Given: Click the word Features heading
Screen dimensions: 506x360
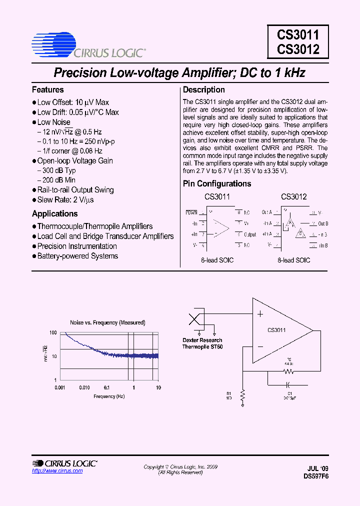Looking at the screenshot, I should click(x=48, y=90).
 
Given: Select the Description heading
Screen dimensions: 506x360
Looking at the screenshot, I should click(x=203, y=90).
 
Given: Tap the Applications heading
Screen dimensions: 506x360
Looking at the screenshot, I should click(x=55, y=214).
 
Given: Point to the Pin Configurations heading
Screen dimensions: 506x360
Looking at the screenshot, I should click(x=217, y=183).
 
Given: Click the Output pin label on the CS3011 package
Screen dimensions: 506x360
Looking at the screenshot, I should click(x=250, y=234).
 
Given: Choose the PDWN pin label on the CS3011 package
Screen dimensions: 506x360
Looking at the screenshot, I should click(x=191, y=212).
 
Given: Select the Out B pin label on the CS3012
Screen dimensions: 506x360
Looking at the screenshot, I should click(x=323, y=223).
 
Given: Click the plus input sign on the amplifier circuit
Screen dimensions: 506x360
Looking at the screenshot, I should click(x=260, y=314).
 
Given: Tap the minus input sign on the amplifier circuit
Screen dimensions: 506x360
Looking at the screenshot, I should click(x=260, y=346).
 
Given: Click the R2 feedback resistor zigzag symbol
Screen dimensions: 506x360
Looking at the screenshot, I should click(x=288, y=372).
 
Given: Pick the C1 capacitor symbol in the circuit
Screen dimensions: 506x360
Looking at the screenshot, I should click(x=288, y=385).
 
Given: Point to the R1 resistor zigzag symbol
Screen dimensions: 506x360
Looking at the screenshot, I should click(x=242, y=396).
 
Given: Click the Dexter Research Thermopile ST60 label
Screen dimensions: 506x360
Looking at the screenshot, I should click(x=202, y=343).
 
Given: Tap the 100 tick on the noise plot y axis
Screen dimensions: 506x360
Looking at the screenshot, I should click(x=53, y=332).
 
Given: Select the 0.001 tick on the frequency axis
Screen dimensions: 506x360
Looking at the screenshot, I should click(x=60, y=387).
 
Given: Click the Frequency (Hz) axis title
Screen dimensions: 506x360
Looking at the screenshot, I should click(x=108, y=396).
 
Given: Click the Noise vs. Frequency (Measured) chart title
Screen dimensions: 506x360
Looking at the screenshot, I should click(x=107, y=322).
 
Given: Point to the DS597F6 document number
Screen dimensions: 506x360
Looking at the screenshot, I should click(x=316, y=476).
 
